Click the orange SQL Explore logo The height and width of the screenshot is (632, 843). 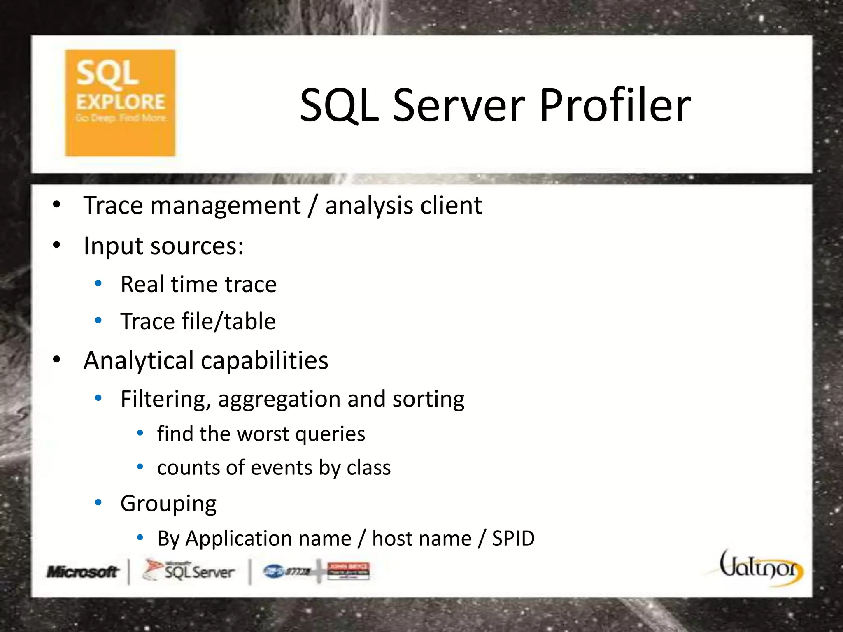coord(120,103)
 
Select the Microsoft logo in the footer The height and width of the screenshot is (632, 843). coord(82,572)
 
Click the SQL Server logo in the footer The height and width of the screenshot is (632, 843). coord(189,571)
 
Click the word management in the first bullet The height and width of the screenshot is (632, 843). coord(226,205)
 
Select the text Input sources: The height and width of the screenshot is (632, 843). coord(163,246)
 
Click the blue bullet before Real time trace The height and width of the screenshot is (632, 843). coord(98,283)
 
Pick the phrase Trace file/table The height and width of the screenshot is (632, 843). coord(198,321)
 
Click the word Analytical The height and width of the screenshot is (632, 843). coord(138,361)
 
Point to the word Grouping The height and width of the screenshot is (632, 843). coord(168,504)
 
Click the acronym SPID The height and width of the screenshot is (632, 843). coord(513,538)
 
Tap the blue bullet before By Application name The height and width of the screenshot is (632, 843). coord(140,537)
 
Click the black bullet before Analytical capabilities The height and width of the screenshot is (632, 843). coord(57,360)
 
